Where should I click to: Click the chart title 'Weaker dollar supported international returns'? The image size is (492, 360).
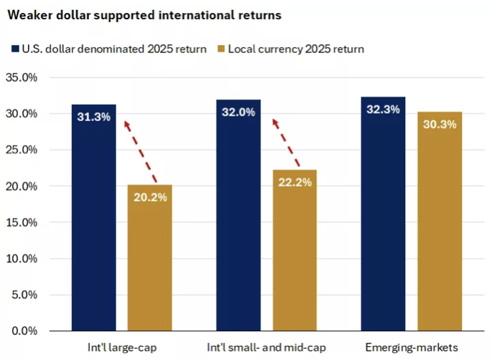[144, 14]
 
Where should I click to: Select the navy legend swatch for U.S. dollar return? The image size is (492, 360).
[15, 49]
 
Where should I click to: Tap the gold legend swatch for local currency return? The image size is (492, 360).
[221, 49]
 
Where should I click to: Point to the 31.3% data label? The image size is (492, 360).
[93, 117]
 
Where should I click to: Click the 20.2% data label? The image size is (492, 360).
[150, 197]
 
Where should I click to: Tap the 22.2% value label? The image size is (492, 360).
[294, 182]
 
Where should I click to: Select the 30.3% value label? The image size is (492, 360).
[439, 124]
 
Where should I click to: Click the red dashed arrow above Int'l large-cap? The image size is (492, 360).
[140, 151]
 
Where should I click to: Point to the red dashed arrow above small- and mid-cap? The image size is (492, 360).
[285, 144]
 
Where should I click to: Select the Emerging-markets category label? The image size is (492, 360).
[411, 348]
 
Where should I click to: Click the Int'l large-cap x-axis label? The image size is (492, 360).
[121, 348]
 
